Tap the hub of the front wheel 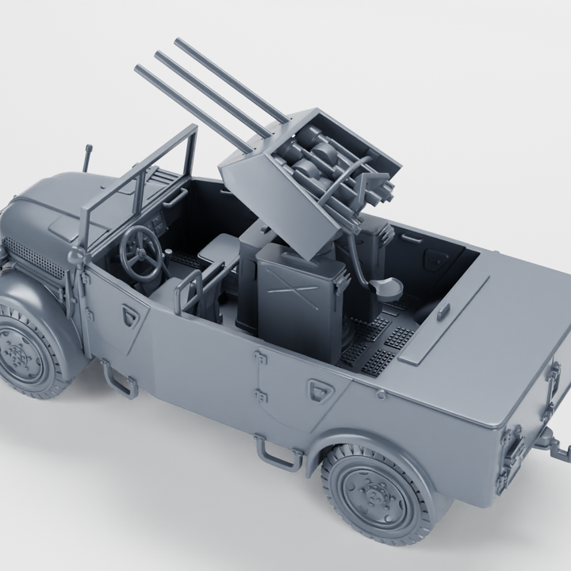tap(17, 352)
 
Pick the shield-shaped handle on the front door tap(130, 315)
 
